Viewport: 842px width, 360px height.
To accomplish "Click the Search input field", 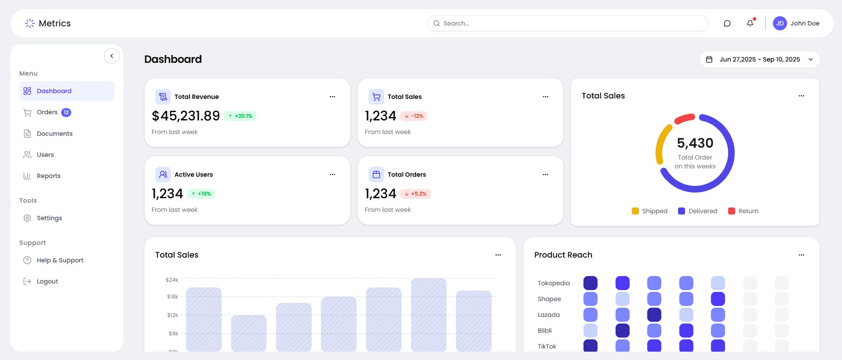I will tap(567, 23).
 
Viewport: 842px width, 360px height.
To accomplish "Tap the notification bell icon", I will tap(750, 23).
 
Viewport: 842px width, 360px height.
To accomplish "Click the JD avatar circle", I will tap(780, 23).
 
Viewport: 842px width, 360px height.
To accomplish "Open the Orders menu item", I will tap(47, 112).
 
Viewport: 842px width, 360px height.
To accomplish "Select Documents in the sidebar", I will tap(55, 134).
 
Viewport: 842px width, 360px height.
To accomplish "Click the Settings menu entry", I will tap(49, 218).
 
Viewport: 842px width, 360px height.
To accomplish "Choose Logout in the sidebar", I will tap(47, 281).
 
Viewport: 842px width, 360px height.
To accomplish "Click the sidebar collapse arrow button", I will tap(112, 56).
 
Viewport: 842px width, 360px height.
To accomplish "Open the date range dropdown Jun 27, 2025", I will tap(759, 59).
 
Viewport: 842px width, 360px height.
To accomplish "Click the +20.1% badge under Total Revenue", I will tap(240, 116).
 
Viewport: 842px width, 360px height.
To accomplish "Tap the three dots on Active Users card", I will tap(332, 175).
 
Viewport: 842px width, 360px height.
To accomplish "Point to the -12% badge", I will tap(414, 116).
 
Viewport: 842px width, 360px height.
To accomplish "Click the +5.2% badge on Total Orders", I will tap(416, 194).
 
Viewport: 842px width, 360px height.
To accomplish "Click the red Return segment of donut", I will tap(684, 118).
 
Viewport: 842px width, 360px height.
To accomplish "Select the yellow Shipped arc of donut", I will tap(661, 143).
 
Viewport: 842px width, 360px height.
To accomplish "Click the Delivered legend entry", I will tap(698, 211).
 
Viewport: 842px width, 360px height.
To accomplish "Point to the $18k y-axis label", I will tap(172, 297).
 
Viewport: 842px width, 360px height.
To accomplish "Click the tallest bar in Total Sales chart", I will tap(429, 314).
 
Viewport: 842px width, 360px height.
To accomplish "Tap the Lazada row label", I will tap(549, 315).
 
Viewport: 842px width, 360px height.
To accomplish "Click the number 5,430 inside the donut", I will tap(695, 143).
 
